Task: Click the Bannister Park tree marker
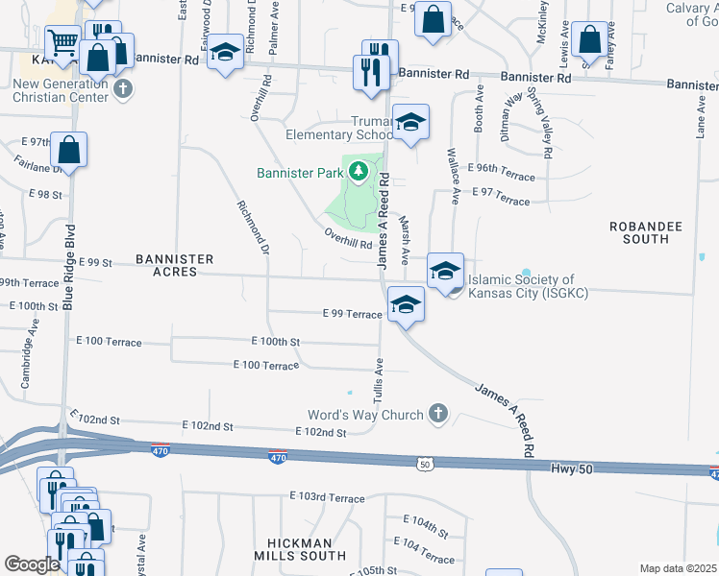[359, 173]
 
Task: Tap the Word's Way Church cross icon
[437, 414]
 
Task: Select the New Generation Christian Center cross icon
[122, 90]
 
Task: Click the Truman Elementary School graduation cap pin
[410, 123]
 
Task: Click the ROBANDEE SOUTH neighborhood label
[646, 232]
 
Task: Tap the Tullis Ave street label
[379, 379]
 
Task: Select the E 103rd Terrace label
[328, 498]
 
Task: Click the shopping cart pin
[62, 41]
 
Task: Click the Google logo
[31, 564]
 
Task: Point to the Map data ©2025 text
[678, 568]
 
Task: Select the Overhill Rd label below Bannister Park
[348, 238]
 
